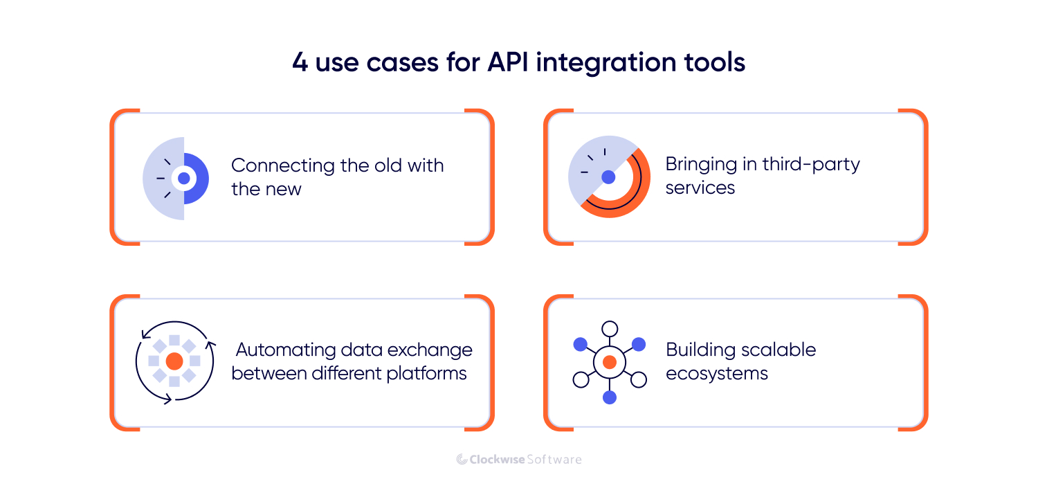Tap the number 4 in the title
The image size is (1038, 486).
pyautogui.click(x=300, y=63)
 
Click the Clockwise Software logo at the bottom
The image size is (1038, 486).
pyautogui.click(x=519, y=459)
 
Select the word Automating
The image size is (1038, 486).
pyautogui.click(x=284, y=350)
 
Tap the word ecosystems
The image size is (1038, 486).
pyautogui.click(x=717, y=374)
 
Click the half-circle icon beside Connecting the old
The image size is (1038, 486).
pyautogui.click(x=176, y=179)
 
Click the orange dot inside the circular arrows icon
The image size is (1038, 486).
pyautogui.click(x=174, y=361)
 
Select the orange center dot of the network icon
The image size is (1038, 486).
pyautogui.click(x=609, y=362)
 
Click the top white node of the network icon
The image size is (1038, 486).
pyautogui.click(x=609, y=329)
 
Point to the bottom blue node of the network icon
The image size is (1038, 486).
pyautogui.click(x=609, y=397)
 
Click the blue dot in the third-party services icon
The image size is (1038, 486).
pyautogui.click(x=608, y=177)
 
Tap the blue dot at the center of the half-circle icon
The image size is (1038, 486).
pyautogui.click(x=183, y=179)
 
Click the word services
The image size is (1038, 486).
pyautogui.click(x=700, y=188)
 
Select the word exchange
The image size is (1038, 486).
pyautogui.click(x=430, y=350)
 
